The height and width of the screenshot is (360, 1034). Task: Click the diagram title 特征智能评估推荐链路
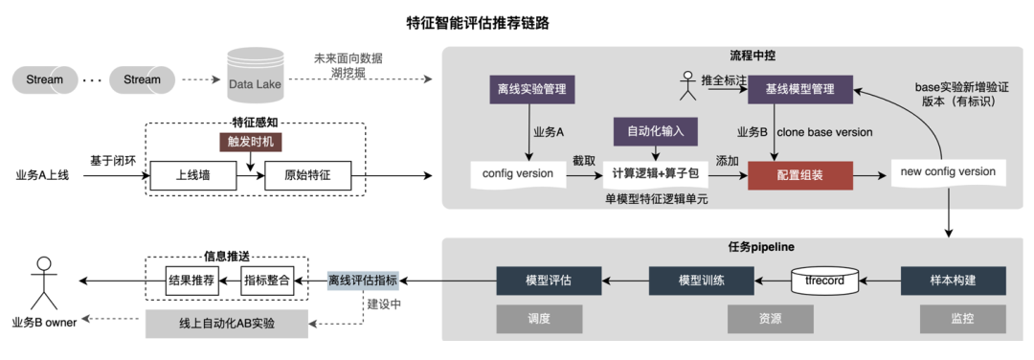coord(478,22)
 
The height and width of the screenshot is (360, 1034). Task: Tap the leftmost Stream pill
coord(45,79)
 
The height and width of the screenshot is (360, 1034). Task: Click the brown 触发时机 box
coord(251,142)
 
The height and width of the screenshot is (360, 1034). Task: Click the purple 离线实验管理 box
coord(530,91)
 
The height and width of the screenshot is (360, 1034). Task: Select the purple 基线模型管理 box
coord(798,91)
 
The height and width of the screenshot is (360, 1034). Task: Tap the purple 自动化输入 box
coord(656,131)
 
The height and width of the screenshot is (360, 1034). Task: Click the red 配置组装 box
coord(799,176)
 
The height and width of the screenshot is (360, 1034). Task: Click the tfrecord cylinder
coord(824,281)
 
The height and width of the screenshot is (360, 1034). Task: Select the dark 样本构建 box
coord(953,281)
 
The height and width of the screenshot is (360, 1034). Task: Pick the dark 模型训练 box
coord(701,281)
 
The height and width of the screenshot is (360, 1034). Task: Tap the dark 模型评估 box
coord(549,281)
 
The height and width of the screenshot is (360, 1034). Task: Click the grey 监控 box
coord(953,319)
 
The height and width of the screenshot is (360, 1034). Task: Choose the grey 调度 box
coord(539,319)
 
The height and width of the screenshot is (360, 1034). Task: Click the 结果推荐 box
coord(191,280)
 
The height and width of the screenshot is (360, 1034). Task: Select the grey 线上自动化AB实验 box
coord(227,324)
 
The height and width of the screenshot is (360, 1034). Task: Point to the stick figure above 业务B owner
coord(41,280)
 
